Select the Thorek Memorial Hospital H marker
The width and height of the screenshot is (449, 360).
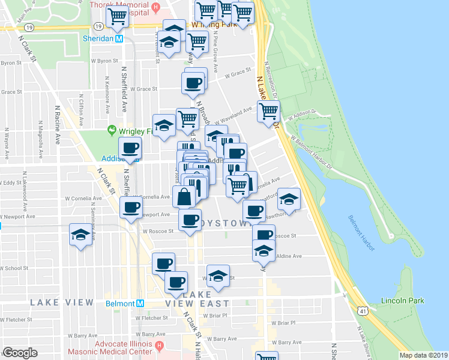(x=156, y=8)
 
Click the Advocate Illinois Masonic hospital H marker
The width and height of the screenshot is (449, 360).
(x=159, y=346)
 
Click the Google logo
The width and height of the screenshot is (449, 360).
(x=20, y=353)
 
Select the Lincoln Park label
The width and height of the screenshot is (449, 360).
(x=402, y=300)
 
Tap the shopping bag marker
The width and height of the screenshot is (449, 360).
(x=183, y=196)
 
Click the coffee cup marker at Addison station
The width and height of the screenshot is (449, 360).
(x=130, y=148)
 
